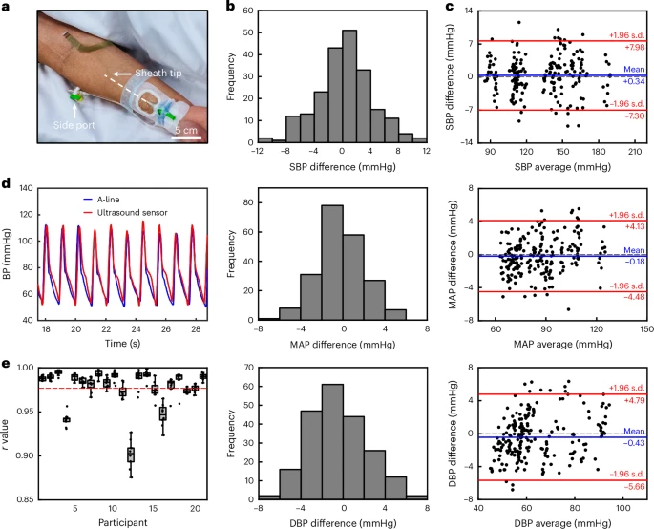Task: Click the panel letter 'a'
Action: [9, 9]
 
